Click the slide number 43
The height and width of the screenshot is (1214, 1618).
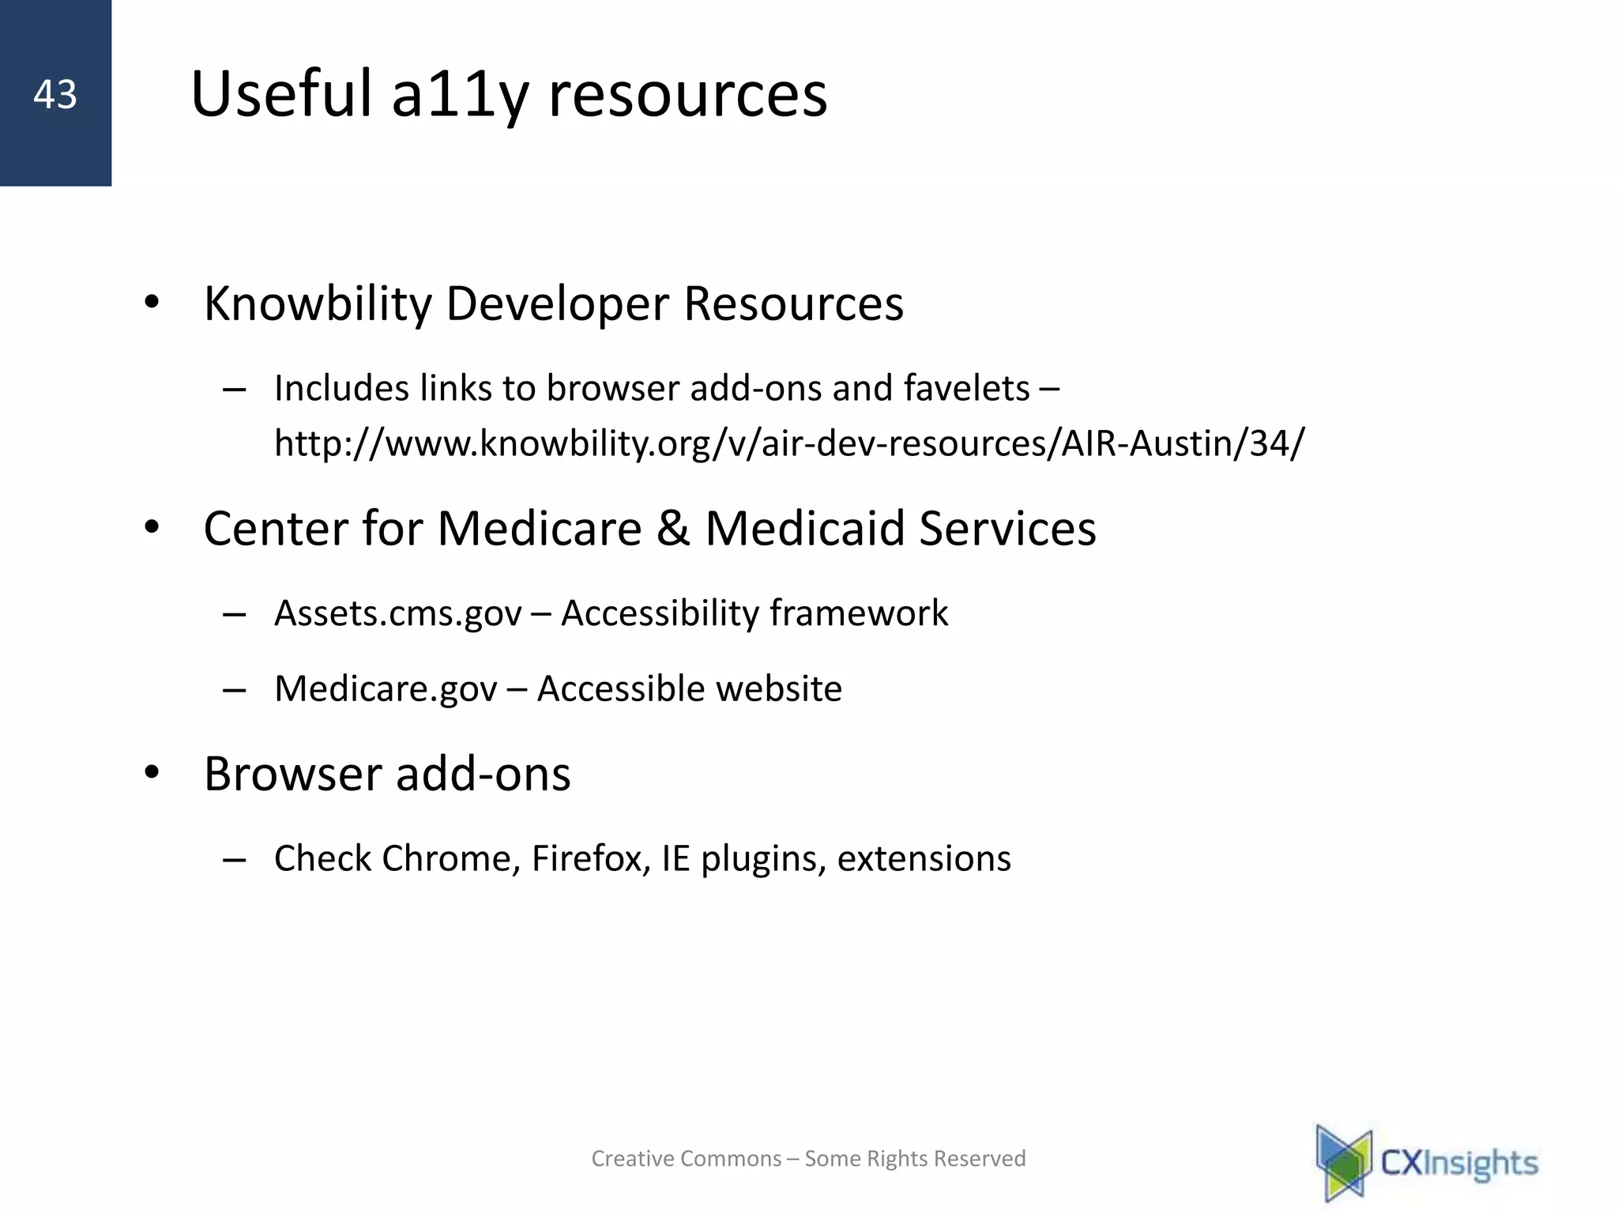tap(55, 95)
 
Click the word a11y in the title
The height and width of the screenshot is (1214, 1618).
tap(459, 95)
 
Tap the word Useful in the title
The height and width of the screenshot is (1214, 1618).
tap(280, 95)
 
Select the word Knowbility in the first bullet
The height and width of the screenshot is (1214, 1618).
tap(318, 304)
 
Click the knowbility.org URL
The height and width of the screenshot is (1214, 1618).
tap(788, 443)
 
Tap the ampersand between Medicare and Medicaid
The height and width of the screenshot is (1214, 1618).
tap(673, 529)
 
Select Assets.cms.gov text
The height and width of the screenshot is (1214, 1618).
tap(398, 614)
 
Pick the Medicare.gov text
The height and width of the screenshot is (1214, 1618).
tap(386, 689)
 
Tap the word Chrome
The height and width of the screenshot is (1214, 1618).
tap(446, 859)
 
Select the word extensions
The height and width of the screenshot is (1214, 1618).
tap(924, 859)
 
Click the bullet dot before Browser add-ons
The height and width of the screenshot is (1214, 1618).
tap(152, 773)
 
